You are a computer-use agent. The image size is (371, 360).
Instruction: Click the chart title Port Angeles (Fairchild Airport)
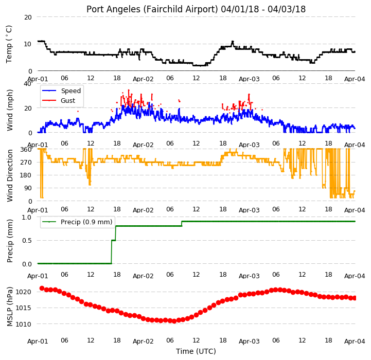pos(152,9)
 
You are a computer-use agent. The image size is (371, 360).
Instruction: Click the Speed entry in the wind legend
pos(70,91)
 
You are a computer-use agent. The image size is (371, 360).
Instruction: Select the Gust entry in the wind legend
pos(68,100)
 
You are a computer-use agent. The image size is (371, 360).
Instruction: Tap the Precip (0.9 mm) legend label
pos(86,222)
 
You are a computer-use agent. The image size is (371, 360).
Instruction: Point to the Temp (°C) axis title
pos(9,44)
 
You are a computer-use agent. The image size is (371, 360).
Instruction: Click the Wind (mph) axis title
pos(9,110)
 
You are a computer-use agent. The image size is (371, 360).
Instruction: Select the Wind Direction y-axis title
pos(10,175)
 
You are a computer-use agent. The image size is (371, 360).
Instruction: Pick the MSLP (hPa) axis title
pos(9,307)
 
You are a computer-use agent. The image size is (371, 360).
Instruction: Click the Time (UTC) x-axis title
pos(196,351)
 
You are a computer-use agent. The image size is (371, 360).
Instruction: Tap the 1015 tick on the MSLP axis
pos(23,308)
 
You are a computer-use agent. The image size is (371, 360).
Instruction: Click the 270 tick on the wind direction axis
pos(27,163)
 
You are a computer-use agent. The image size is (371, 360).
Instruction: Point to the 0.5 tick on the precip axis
pos(27,241)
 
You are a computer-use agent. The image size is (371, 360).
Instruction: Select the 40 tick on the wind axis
pos(27,84)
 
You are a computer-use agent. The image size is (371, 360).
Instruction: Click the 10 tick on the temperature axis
pos(28,44)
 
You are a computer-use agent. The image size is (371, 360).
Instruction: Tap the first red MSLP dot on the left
pos(42,288)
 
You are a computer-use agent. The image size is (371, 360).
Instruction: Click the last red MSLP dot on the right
pos(354,298)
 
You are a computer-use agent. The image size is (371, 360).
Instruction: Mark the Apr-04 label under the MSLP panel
pos(355,341)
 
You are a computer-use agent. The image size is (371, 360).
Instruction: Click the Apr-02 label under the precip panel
pos(143,276)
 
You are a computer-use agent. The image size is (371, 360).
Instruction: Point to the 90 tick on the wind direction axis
pos(28,188)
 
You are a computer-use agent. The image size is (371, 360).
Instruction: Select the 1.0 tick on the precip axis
pos(27,218)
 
